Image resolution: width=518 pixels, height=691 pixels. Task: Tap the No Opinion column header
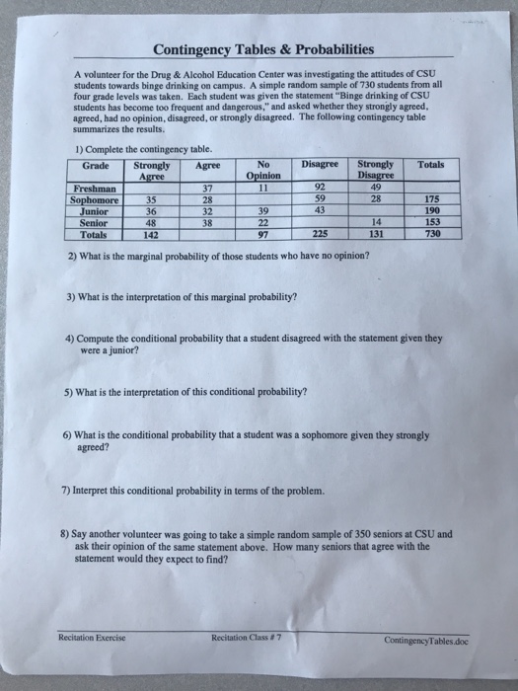pyautogui.click(x=262, y=169)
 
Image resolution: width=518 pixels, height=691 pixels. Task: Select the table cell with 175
pyautogui.click(x=430, y=199)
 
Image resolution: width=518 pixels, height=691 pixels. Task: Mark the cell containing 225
pyautogui.click(x=319, y=233)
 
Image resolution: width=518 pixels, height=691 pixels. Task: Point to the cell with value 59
pyautogui.click(x=319, y=199)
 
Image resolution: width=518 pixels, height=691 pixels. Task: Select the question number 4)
pyautogui.click(x=68, y=337)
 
